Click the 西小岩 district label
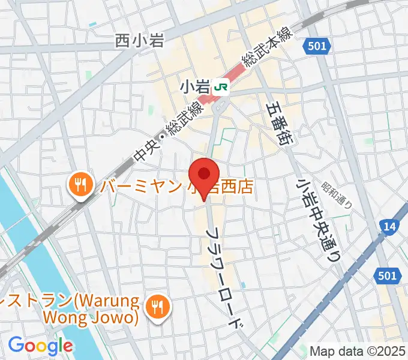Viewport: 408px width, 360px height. point(139,41)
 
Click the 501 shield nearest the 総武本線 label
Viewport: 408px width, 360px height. point(316,46)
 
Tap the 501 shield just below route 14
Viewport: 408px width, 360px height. point(388,275)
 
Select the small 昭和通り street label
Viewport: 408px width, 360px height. point(337,194)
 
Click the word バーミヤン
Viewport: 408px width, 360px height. point(140,187)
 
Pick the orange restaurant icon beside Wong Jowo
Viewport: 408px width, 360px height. point(158,307)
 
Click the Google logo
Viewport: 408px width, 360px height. point(40,346)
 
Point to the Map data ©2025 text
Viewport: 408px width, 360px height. point(358,350)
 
